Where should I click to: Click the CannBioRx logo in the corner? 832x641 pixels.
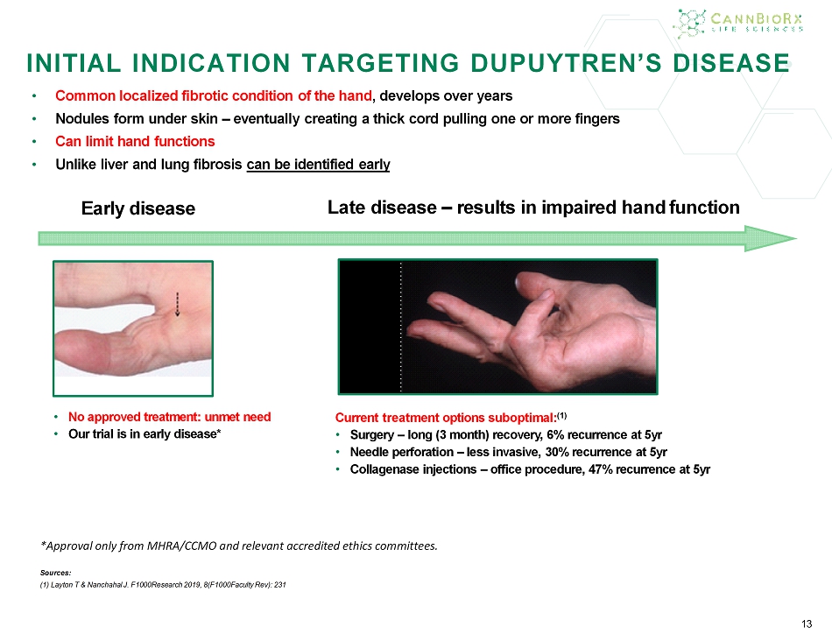(x=738, y=24)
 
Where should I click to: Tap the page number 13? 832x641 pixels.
(x=807, y=624)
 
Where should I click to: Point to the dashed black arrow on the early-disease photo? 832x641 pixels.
(x=177, y=305)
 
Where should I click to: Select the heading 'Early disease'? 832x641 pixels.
(x=138, y=208)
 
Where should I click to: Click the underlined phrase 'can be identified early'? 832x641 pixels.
(x=319, y=165)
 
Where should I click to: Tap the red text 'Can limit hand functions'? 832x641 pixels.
(x=135, y=142)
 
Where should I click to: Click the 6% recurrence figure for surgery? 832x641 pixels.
(x=555, y=435)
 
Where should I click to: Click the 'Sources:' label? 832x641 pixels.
(x=56, y=573)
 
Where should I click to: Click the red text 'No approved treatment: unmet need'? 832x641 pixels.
(x=169, y=417)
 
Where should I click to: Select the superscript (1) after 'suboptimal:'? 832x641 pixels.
(x=562, y=415)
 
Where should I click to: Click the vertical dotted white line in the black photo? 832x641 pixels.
(x=400, y=327)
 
